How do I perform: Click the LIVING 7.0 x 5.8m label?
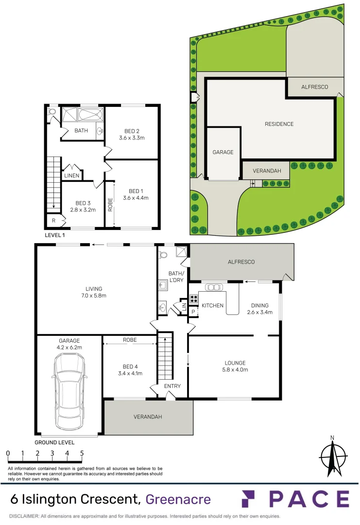click(94, 292)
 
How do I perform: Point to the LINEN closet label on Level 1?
click(72, 175)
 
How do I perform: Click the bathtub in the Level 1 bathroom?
click(90, 116)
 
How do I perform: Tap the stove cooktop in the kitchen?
click(193, 298)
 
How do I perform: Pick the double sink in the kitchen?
click(212, 287)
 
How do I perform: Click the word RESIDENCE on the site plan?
click(279, 124)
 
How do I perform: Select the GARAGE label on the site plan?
click(223, 152)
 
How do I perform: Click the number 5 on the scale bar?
click(82, 453)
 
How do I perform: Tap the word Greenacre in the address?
click(178, 499)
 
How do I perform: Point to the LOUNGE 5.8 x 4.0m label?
click(235, 366)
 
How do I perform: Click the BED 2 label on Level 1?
click(132, 135)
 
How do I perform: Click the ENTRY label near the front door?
click(172, 386)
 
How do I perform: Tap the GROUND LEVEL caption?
click(54, 442)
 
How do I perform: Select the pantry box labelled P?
click(193, 312)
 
